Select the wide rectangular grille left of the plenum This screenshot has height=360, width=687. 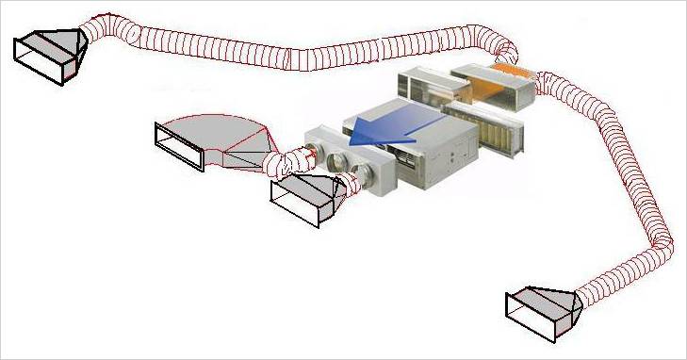point(179,147)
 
